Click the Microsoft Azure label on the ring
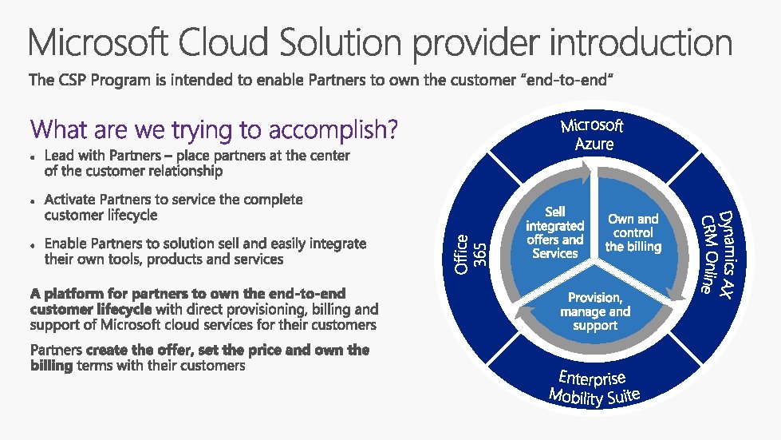pos(593,135)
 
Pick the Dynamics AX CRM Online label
pos(715,252)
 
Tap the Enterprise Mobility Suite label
pos(594,386)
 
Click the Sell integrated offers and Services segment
pos(554,232)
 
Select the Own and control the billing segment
pos(633,232)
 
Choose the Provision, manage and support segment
pos(595,311)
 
